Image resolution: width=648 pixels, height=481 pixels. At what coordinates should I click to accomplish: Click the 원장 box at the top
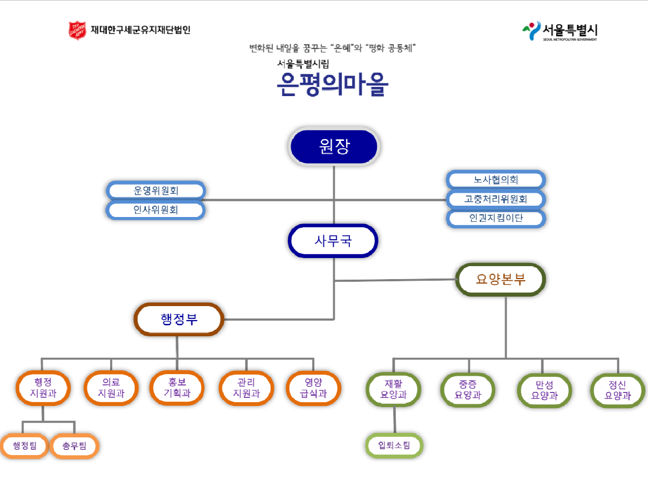coord(334,146)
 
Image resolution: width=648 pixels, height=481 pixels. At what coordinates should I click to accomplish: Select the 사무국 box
coord(333,241)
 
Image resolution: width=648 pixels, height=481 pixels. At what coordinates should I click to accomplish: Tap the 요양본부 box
coord(501,280)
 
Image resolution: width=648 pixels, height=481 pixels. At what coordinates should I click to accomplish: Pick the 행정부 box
coord(179,320)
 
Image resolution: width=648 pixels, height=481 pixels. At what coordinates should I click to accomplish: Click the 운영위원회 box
coord(156,191)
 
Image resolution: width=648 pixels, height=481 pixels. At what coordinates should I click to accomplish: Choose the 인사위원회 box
coord(156,210)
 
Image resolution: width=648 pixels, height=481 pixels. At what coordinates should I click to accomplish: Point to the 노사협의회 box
coord(496,180)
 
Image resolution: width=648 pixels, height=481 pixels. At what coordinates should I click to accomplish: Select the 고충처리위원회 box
coord(496,199)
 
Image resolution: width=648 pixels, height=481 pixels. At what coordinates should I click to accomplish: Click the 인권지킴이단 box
coord(496,218)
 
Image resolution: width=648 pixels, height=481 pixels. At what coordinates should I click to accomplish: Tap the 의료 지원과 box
coord(111,388)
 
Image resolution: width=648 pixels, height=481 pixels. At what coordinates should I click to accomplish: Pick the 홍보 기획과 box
coord(177,388)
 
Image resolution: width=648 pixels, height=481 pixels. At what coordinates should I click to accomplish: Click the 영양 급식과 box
coord(313,388)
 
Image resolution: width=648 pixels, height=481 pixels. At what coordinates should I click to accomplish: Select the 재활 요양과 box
coord(393,389)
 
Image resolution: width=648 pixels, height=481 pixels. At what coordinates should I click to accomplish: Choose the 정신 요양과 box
coord(618,390)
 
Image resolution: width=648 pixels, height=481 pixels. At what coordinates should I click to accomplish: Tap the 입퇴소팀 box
coord(394,445)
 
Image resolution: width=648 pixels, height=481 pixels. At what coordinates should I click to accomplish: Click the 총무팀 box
coord(74,446)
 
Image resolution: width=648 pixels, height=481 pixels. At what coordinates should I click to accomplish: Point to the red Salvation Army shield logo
coord(77,30)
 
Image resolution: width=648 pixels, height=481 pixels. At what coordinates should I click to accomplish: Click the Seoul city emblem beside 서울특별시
coord(532,31)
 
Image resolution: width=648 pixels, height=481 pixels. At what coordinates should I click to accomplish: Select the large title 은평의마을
coord(332,84)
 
